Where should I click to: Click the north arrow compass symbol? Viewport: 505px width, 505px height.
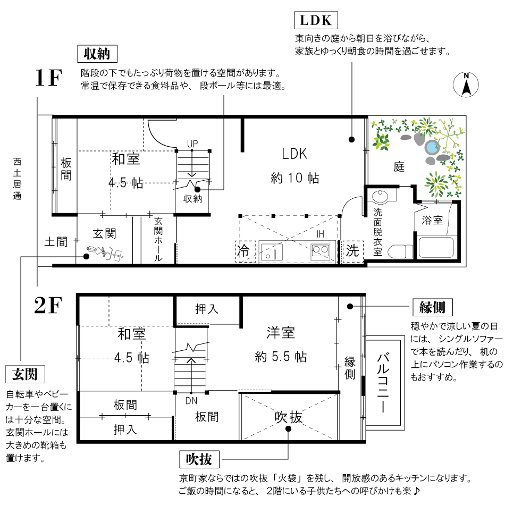pos(466,85)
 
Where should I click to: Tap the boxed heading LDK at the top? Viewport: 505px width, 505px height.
pos(316,20)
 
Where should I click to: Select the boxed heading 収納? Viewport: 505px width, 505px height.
pos(97,54)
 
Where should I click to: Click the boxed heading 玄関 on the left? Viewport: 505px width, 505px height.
pos(25,374)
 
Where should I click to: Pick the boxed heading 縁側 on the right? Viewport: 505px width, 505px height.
pos(433,307)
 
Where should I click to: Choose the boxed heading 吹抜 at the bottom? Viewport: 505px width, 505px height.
pos(199,459)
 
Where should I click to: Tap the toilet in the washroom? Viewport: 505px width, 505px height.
pos(400,251)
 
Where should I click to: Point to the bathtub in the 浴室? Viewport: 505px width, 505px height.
pos(436,247)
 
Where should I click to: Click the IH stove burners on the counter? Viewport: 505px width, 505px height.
pos(321,251)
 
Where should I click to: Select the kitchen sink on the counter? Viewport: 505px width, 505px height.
pos(272,252)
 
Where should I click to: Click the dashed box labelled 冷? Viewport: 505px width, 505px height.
pos(246,251)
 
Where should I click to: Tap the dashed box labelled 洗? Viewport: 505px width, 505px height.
pos(352,251)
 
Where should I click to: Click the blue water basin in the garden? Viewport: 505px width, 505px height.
pos(432,147)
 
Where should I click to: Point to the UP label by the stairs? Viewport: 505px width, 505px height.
pos(192,144)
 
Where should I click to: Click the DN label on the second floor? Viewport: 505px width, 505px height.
pos(191,401)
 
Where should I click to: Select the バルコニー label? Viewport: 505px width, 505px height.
pos(383,383)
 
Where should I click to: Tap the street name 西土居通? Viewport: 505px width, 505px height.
pos(17,179)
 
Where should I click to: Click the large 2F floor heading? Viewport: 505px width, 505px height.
pos(48,305)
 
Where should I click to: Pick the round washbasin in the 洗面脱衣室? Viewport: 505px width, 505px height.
pos(381,196)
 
